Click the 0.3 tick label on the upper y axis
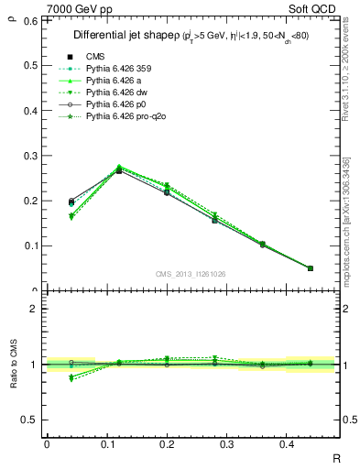click(31, 156)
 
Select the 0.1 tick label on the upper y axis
click(31, 245)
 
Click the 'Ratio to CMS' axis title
click(14, 365)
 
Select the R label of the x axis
click(336, 457)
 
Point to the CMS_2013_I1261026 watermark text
click(191, 274)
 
